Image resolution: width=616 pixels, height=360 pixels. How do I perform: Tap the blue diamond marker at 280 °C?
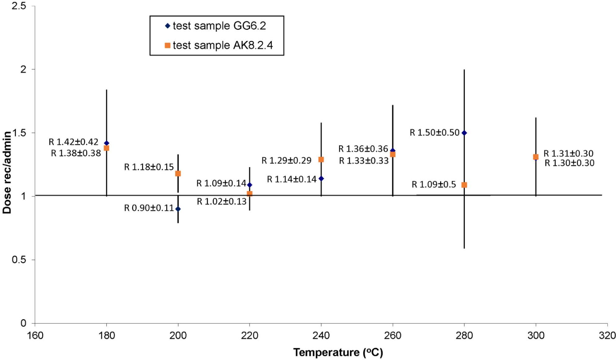(x=464, y=133)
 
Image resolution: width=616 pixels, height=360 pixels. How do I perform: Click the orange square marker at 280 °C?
(x=464, y=185)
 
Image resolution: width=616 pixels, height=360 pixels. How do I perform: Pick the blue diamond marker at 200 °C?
(x=178, y=209)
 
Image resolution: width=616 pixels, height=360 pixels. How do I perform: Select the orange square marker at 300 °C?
(x=536, y=157)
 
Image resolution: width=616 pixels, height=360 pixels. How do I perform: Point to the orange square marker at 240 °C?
(x=321, y=160)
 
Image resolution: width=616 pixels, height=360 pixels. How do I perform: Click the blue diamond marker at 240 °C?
(x=321, y=179)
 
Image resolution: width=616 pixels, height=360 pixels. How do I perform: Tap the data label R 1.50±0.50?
(x=434, y=133)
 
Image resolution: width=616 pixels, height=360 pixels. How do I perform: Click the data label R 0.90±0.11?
(x=149, y=208)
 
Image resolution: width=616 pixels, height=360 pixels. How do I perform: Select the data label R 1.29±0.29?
(x=286, y=161)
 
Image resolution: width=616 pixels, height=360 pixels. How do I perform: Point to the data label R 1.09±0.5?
(x=434, y=185)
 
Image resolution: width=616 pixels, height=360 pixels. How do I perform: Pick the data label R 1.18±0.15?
(x=149, y=167)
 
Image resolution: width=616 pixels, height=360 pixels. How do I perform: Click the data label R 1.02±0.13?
(x=222, y=202)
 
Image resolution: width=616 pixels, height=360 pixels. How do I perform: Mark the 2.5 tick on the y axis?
(x=19, y=6)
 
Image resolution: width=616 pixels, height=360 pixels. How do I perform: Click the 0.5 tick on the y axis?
(x=19, y=260)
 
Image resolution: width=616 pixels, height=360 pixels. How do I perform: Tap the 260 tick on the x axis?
(x=393, y=336)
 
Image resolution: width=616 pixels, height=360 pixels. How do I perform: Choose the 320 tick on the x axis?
(x=607, y=336)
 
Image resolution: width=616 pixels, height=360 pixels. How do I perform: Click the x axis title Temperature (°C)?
(x=338, y=353)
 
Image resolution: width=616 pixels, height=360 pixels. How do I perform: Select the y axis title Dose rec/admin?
(x=7, y=172)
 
